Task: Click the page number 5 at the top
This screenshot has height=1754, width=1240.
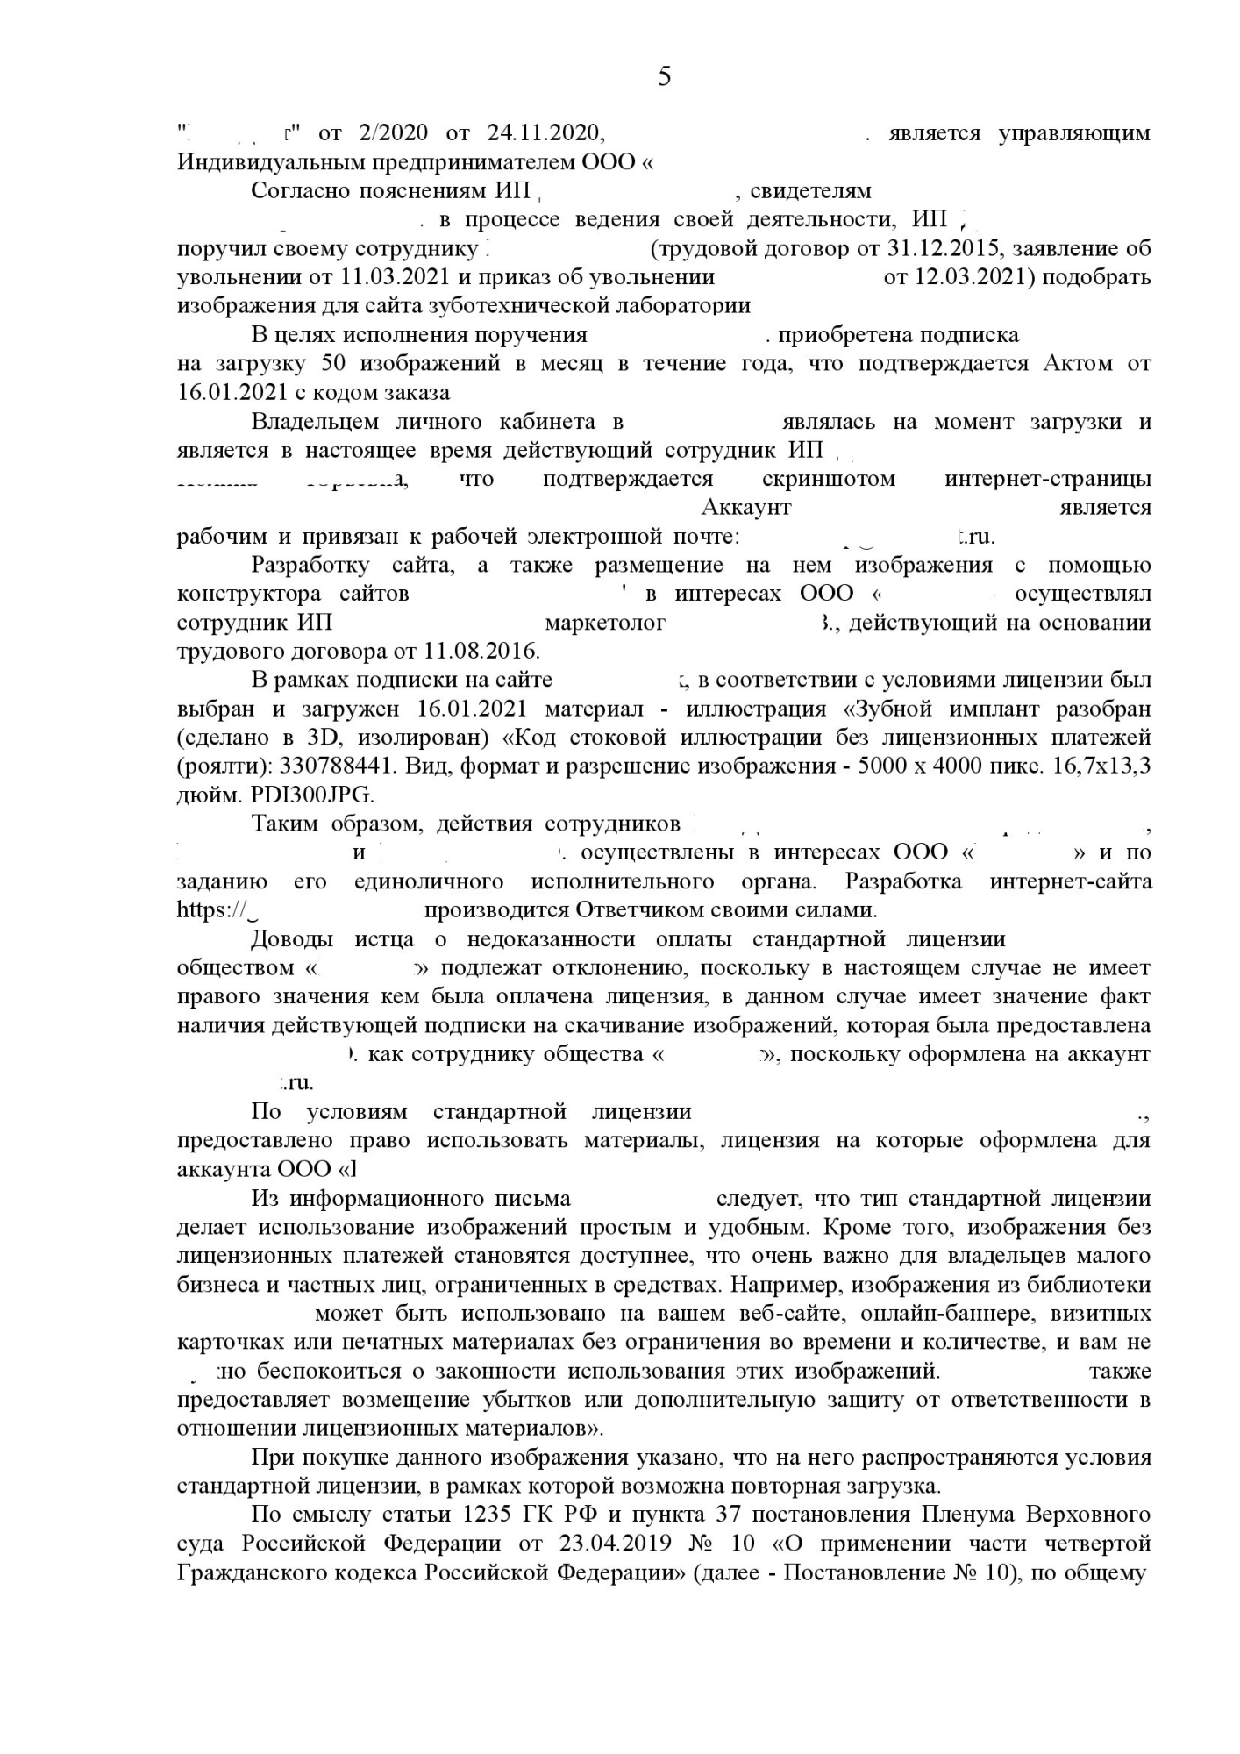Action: [664, 77]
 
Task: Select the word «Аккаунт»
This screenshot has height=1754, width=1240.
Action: [746, 507]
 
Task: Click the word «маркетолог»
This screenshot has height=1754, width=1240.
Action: [605, 623]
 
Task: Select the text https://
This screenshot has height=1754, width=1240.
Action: [210, 909]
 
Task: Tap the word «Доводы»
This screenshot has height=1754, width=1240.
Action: [292, 938]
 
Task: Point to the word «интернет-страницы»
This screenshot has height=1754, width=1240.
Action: [1048, 479]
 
